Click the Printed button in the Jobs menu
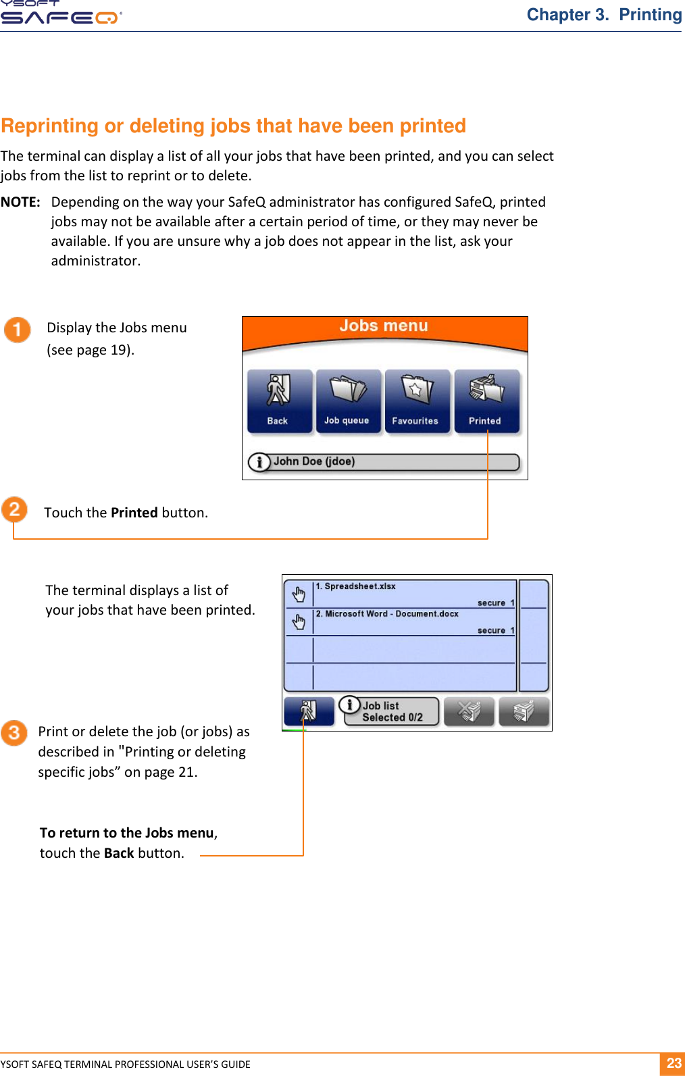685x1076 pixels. (x=486, y=401)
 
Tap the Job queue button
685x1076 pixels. (x=347, y=401)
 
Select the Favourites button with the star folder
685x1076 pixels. (x=416, y=401)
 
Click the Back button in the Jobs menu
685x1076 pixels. (x=279, y=401)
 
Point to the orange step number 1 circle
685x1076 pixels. (x=17, y=330)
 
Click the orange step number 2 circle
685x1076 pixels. (x=14, y=509)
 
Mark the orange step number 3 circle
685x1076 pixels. (x=14, y=733)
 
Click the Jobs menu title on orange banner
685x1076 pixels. (x=383, y=326)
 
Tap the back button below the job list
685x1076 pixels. (x=309, y=711)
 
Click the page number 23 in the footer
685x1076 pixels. (x=673, y=1063)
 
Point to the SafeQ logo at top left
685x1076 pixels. (x=61, y=14)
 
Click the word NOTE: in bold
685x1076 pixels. (x=20, y=202)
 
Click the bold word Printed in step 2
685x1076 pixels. (x=134, y=513)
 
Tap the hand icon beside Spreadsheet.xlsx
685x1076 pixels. (x=298, y=594)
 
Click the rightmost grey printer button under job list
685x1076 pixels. (x=524, y=711)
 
